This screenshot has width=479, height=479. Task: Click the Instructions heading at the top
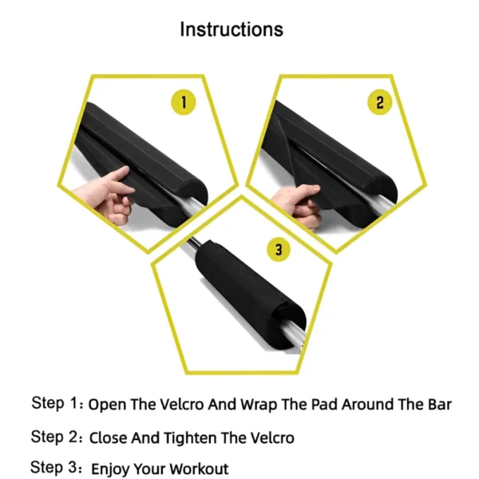[232, 30]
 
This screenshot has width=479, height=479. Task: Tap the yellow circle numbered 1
[184, 102]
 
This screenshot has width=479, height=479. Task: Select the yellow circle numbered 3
[278, 250]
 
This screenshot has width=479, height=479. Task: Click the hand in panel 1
[114, 195]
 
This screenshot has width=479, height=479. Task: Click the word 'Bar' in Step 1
[438, 405]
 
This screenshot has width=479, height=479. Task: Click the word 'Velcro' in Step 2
[268, 437]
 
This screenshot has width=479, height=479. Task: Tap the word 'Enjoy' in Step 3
[109, 469]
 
